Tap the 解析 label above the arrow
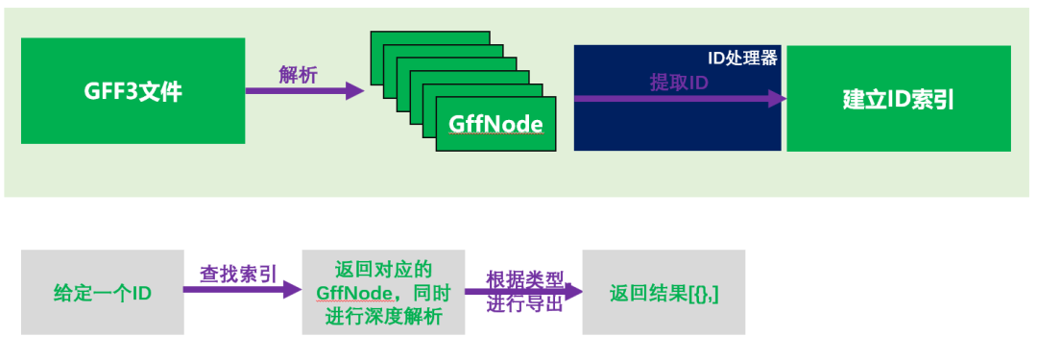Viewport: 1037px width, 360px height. pos(298,76)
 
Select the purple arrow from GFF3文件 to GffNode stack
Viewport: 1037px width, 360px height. pos(298,91)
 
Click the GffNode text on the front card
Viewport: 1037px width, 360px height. pos(495,124)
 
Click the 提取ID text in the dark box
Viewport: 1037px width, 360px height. pos(679,83)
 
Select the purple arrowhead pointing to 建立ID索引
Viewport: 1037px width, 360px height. pos(779,98)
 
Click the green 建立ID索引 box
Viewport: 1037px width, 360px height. pos(898,98)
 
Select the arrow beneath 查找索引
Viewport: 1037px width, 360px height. pos(240,290)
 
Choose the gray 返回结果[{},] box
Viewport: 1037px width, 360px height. pos(663,292)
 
